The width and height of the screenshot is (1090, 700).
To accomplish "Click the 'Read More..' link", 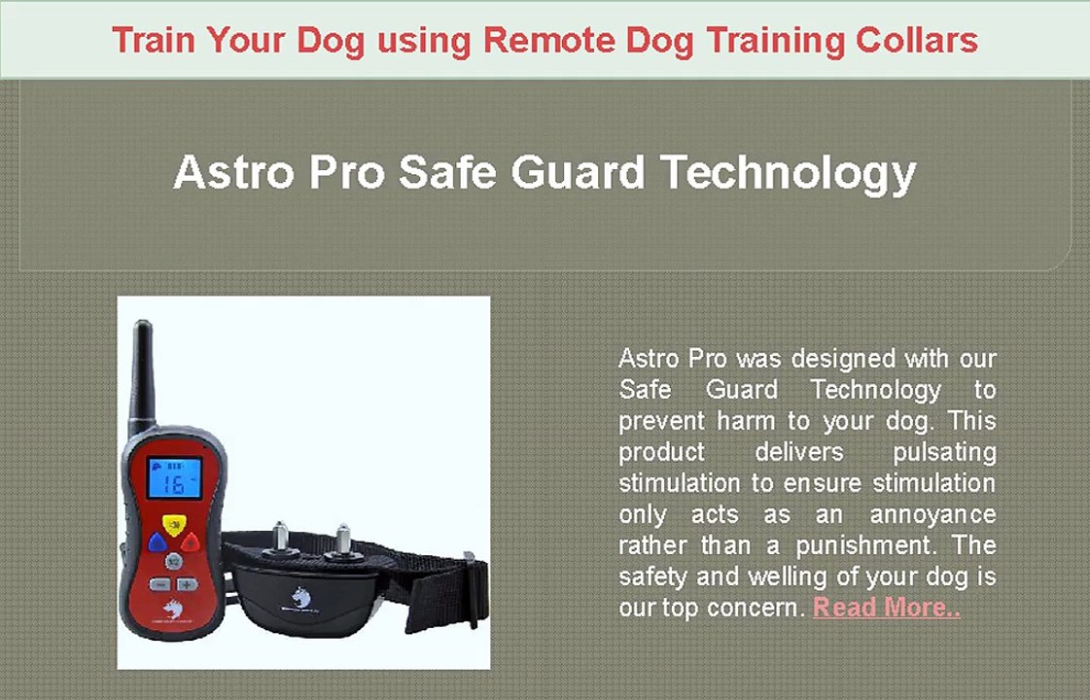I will [x=886, y=608].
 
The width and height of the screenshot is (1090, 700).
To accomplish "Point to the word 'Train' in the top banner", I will [x=155, y=40].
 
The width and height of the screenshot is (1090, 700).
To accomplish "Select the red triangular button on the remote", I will [x=191, y=542].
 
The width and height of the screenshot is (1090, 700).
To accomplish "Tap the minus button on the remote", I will [x=158, y=585].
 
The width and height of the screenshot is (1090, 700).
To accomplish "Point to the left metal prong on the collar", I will [x=282, y=534].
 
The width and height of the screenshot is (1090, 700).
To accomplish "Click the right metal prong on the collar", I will [x=342, y=537].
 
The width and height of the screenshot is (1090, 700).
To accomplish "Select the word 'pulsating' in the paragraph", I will [x=943, y=452].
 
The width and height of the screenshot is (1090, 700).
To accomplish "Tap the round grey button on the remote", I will [x=172, y=561].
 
